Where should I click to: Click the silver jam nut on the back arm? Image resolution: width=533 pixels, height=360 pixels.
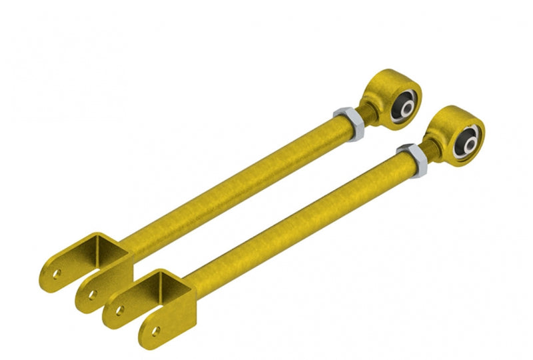pos(347,123)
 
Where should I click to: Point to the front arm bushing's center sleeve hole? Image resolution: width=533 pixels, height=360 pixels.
pos(468,141)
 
